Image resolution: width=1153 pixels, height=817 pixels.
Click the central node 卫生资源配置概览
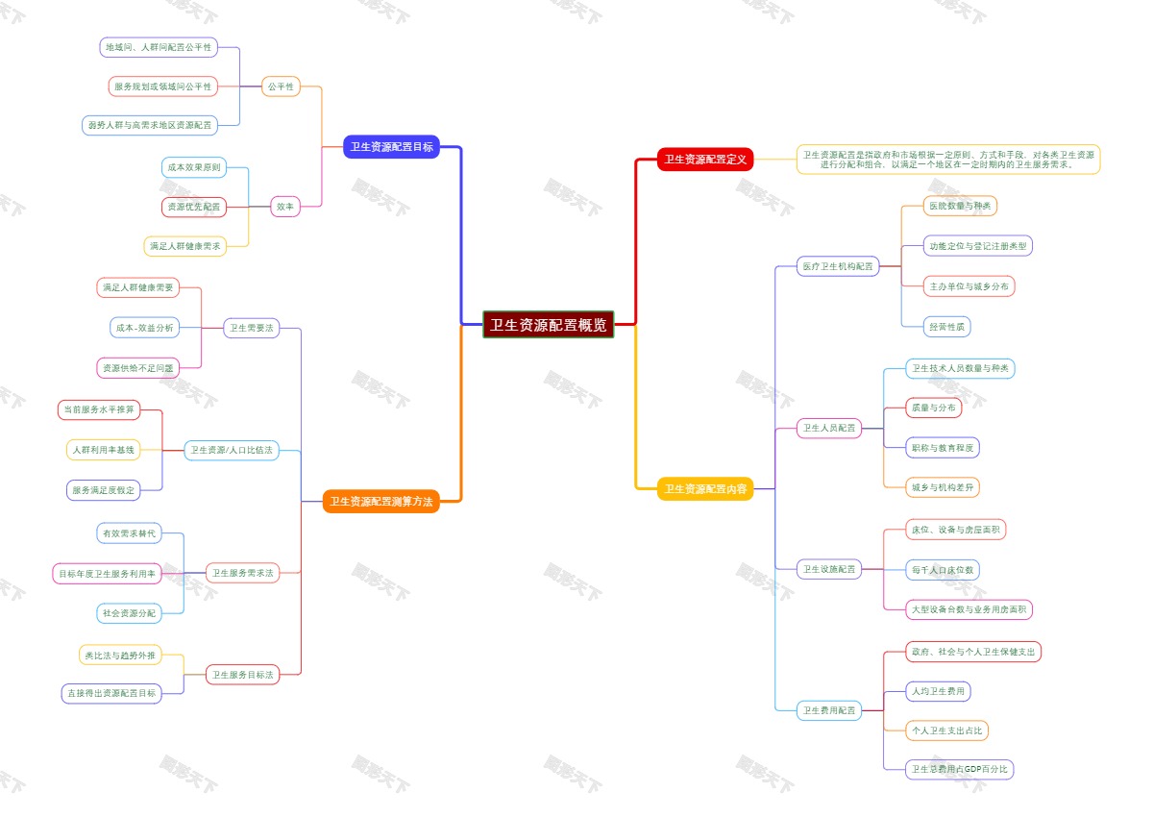click(x=548, y=325)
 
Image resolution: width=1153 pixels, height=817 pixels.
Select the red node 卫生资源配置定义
click(x=705, y=160)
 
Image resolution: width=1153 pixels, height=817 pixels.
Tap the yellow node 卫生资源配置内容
click(x=705, y=489)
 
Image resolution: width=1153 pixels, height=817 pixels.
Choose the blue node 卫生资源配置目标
click(x=391, y=147)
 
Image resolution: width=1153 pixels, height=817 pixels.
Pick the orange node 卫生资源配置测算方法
click(x=381, y=502)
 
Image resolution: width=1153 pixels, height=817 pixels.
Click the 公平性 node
click(x=281, y=87)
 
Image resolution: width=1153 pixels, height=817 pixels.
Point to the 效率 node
click(x=284, y=206)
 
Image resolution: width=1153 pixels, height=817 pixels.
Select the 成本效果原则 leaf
click(x=194, y=167)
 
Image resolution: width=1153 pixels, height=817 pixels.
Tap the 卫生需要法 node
click(x=251, y=328)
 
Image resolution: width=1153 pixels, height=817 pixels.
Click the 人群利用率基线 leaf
click(x=104, y=450)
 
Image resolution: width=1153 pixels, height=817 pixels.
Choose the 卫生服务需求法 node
click(x=242, y=573)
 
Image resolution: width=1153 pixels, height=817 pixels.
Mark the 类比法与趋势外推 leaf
click(x=120, y=656)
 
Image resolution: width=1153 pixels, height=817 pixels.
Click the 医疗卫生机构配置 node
click(x=839, y=266)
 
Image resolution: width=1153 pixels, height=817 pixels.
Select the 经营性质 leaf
click(x=946, y=327)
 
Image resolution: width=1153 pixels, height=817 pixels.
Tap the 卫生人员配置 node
click(x=829, y=429)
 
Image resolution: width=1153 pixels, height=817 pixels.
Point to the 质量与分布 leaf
click(x=933, y=408)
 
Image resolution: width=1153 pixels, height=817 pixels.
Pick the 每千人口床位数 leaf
click(x=943, y=570)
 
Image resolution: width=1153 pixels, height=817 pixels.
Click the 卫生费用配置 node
click(x=829, y=711)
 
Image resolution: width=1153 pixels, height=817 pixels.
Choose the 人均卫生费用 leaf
click(x=938, y=691)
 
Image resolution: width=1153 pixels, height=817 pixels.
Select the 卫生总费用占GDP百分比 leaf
click(x=960, y=769)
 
